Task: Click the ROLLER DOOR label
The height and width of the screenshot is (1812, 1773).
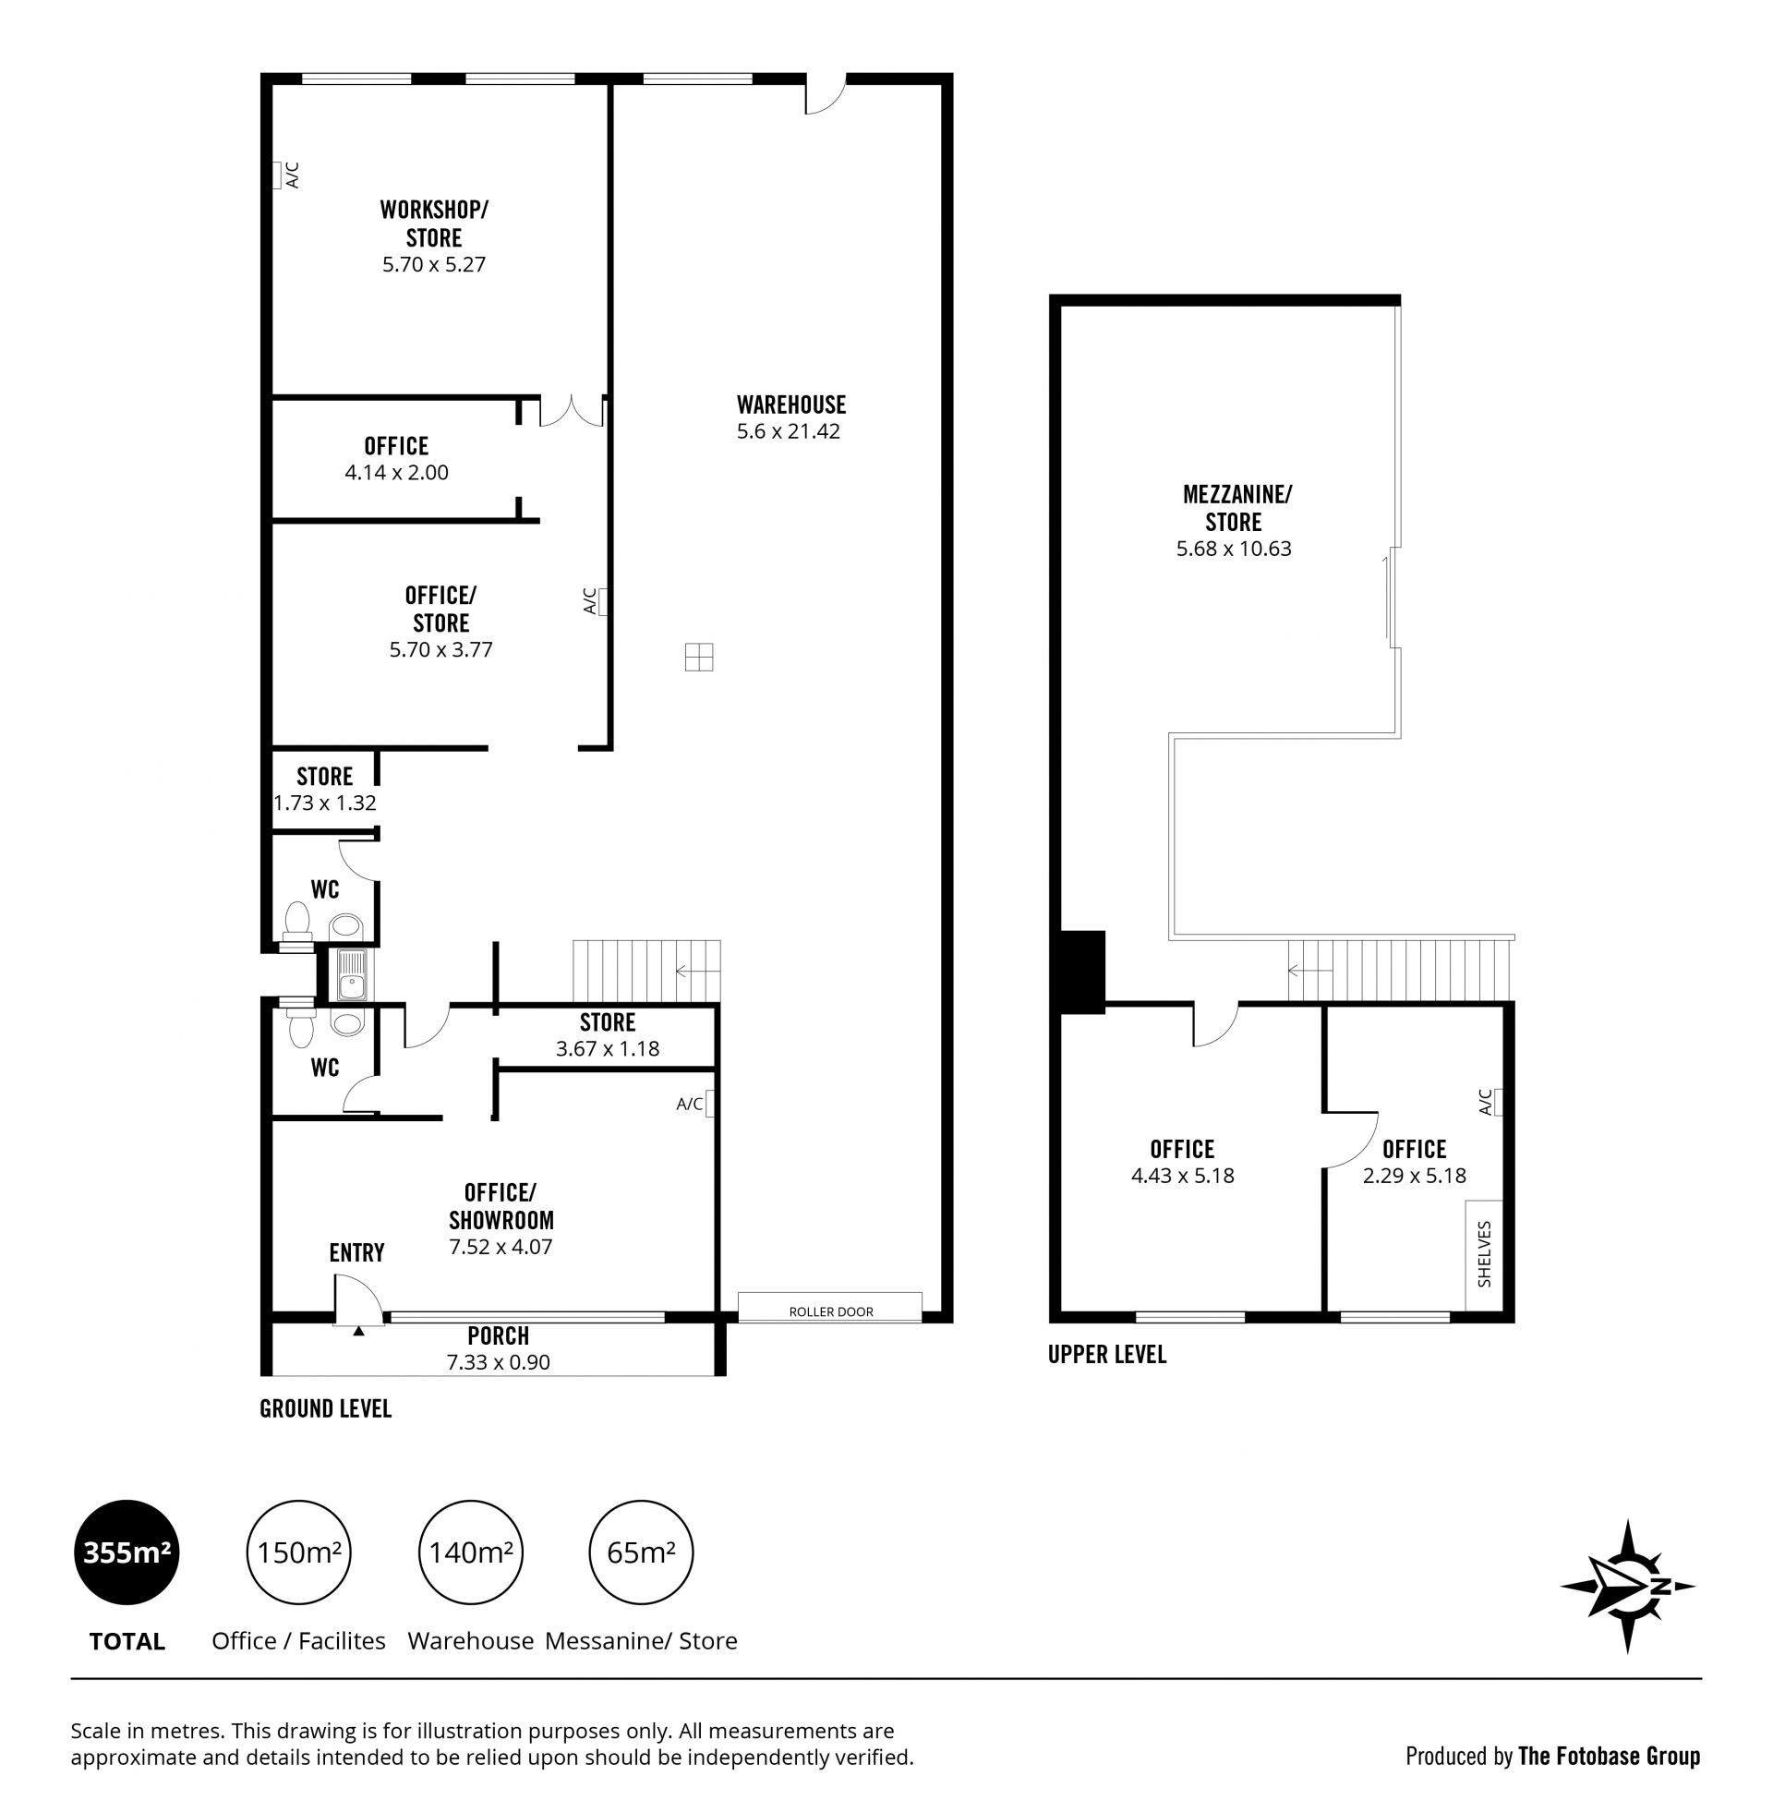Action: tap(830, 1312)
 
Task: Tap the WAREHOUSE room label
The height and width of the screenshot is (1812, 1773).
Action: tap(791, 405)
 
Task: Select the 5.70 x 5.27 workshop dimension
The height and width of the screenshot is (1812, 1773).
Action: tap(434, 264)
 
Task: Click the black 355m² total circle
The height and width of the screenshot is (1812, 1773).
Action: tap(127, 1552)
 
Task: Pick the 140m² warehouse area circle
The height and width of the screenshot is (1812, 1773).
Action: tap(470, 1552)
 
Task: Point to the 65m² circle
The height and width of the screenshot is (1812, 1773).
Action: tap(642, 1552)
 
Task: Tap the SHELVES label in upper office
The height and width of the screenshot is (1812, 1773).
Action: tap(1484, 1253)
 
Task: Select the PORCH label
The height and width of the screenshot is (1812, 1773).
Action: tap(498, 1335)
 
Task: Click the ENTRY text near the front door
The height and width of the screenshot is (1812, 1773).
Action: tap(356, 1252)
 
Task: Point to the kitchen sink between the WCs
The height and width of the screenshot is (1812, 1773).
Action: tap(351, 974)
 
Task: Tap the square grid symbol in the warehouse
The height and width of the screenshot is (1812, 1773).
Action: tap(698, 657)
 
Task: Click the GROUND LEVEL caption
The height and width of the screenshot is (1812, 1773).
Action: tap(326, 1408)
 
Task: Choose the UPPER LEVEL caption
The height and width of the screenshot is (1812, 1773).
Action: tap(1107, 1355)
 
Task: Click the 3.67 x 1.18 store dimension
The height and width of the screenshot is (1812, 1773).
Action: tap(607, 1049)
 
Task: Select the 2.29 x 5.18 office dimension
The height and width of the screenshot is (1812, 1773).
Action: tap(1415, 1176)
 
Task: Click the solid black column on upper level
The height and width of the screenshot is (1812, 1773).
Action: tap(1082, 972)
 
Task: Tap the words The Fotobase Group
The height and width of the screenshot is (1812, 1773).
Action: tap(1610, 1757)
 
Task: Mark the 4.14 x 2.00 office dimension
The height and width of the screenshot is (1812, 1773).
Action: tap(397, 473)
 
